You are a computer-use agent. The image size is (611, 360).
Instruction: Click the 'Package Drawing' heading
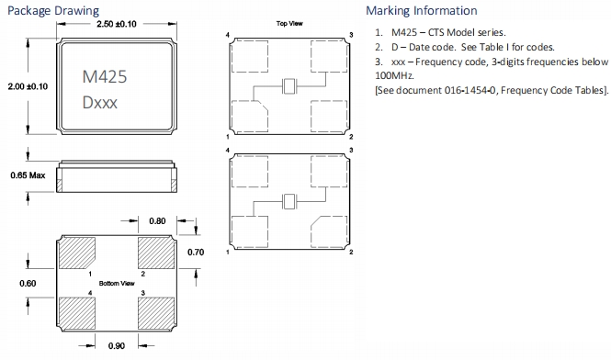tap(53, 10)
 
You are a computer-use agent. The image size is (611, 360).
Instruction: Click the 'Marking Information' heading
tap(421, 10)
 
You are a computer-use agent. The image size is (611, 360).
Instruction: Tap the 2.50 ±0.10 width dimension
tap(117, 24)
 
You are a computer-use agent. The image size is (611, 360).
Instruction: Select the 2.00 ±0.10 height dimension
tap(28, 86)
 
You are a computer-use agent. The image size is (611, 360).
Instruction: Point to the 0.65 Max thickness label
tap(28, 175)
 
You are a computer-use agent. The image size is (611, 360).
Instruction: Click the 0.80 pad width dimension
tap(157, 221)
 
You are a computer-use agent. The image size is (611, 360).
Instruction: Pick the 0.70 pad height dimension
tap(196, 253)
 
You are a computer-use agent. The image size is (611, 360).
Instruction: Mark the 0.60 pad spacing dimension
tap(28, 283)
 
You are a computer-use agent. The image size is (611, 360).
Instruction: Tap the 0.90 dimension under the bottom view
tap(117, 346)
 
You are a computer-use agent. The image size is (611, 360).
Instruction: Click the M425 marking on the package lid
tap(105, 76)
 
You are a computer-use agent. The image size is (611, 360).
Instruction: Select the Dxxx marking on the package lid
tap(100, 103)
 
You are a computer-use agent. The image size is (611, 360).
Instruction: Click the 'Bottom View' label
tap(117, 283)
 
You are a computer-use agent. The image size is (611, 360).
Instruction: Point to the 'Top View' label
tap(289, 23)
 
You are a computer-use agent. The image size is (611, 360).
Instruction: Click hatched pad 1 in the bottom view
tap(77, 253)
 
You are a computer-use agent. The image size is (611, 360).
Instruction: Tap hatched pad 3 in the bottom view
tap(156, 313)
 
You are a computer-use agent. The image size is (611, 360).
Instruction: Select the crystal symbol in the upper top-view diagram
tap(289, 86)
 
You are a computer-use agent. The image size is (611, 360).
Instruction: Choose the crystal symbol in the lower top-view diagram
tap(289, 201)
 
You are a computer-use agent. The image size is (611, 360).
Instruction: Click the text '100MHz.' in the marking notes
tap(394, 75)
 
